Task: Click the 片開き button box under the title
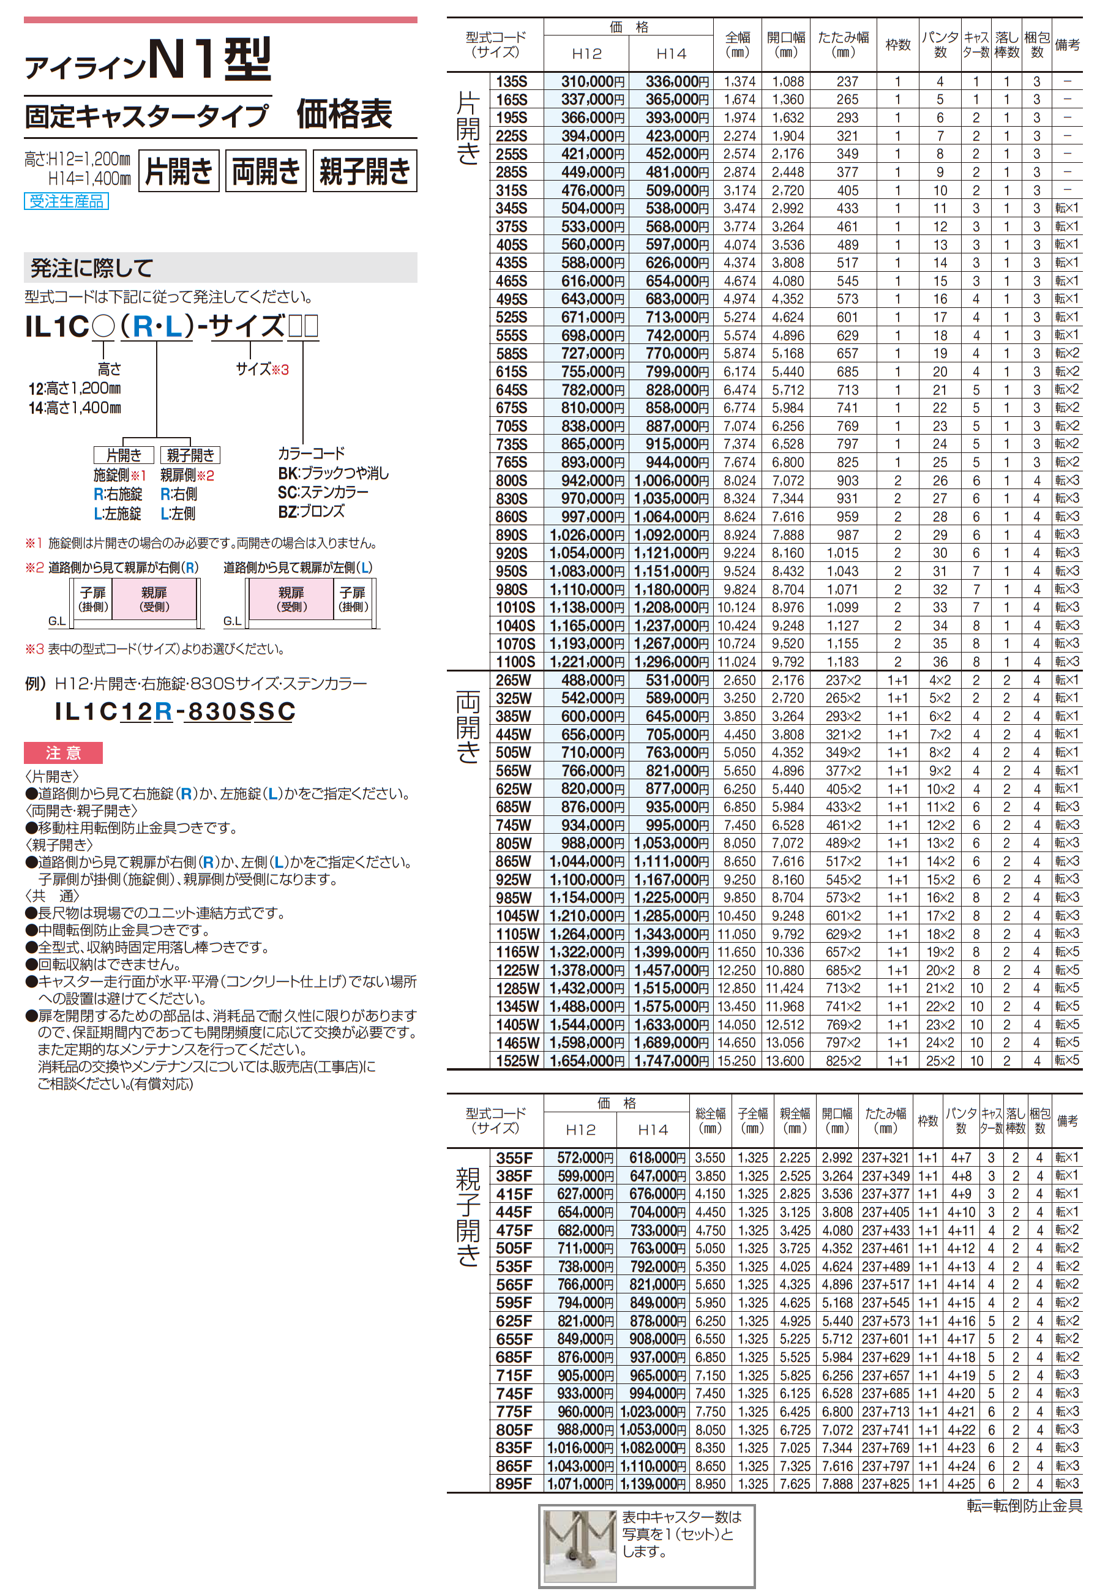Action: click(x=179, y=171)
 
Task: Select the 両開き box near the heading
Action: click(x=265, y=171)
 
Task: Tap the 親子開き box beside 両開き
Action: click(x=364, y=171)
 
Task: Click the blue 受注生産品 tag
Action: click(x=66, y=201)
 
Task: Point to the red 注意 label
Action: click(x=63, y=753)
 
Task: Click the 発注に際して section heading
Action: click(x=92, y=268)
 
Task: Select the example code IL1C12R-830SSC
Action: click(x=175, y=711)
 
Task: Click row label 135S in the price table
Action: click(x=512, y=82)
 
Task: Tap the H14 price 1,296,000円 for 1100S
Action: click(x=671, y=662)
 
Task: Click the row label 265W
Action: click(x=514, y=680)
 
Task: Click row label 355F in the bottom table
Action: click(x=514, y=1158)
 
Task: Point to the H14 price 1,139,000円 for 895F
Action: click(x=653, y=1484)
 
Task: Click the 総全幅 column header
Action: click(x=710, y=1121)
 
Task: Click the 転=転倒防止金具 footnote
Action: click(x=1024, y=1506)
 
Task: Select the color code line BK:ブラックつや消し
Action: click(x=334, y=473)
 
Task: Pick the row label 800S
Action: click(x=512, y=481)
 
